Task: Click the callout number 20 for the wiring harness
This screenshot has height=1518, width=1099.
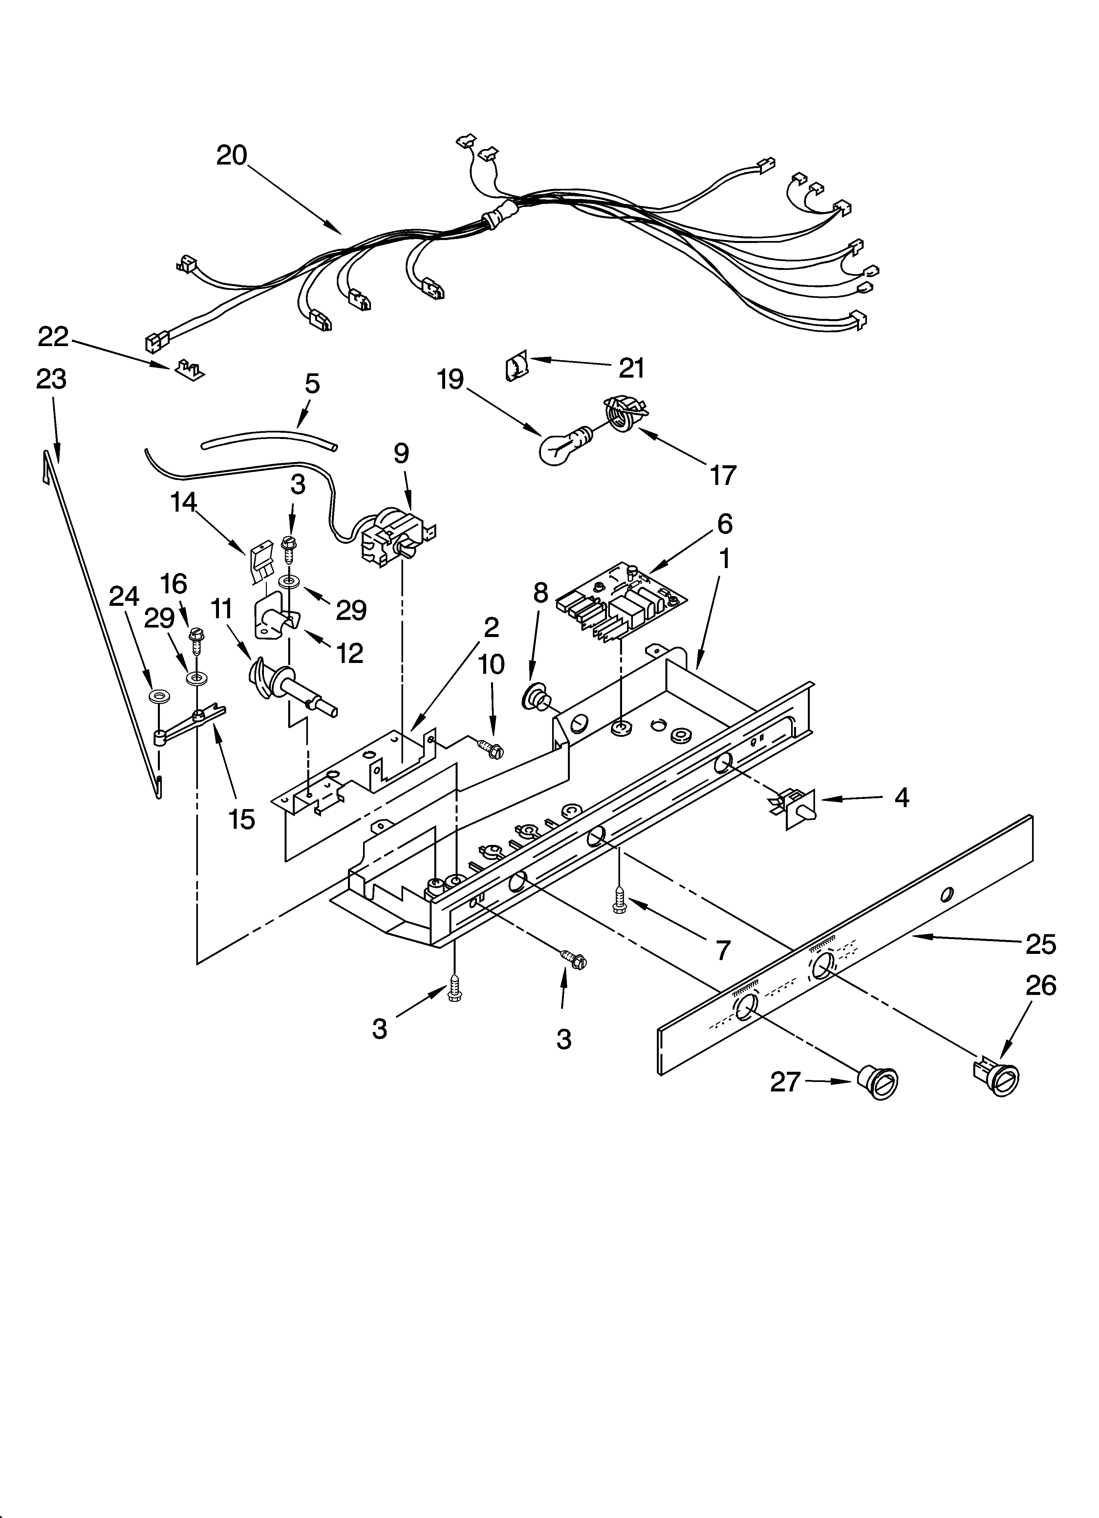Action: [x=231, y=155]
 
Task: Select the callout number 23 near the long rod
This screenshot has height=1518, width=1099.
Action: [x=52, y=379]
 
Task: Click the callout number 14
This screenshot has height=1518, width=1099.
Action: [x=183, y=501]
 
